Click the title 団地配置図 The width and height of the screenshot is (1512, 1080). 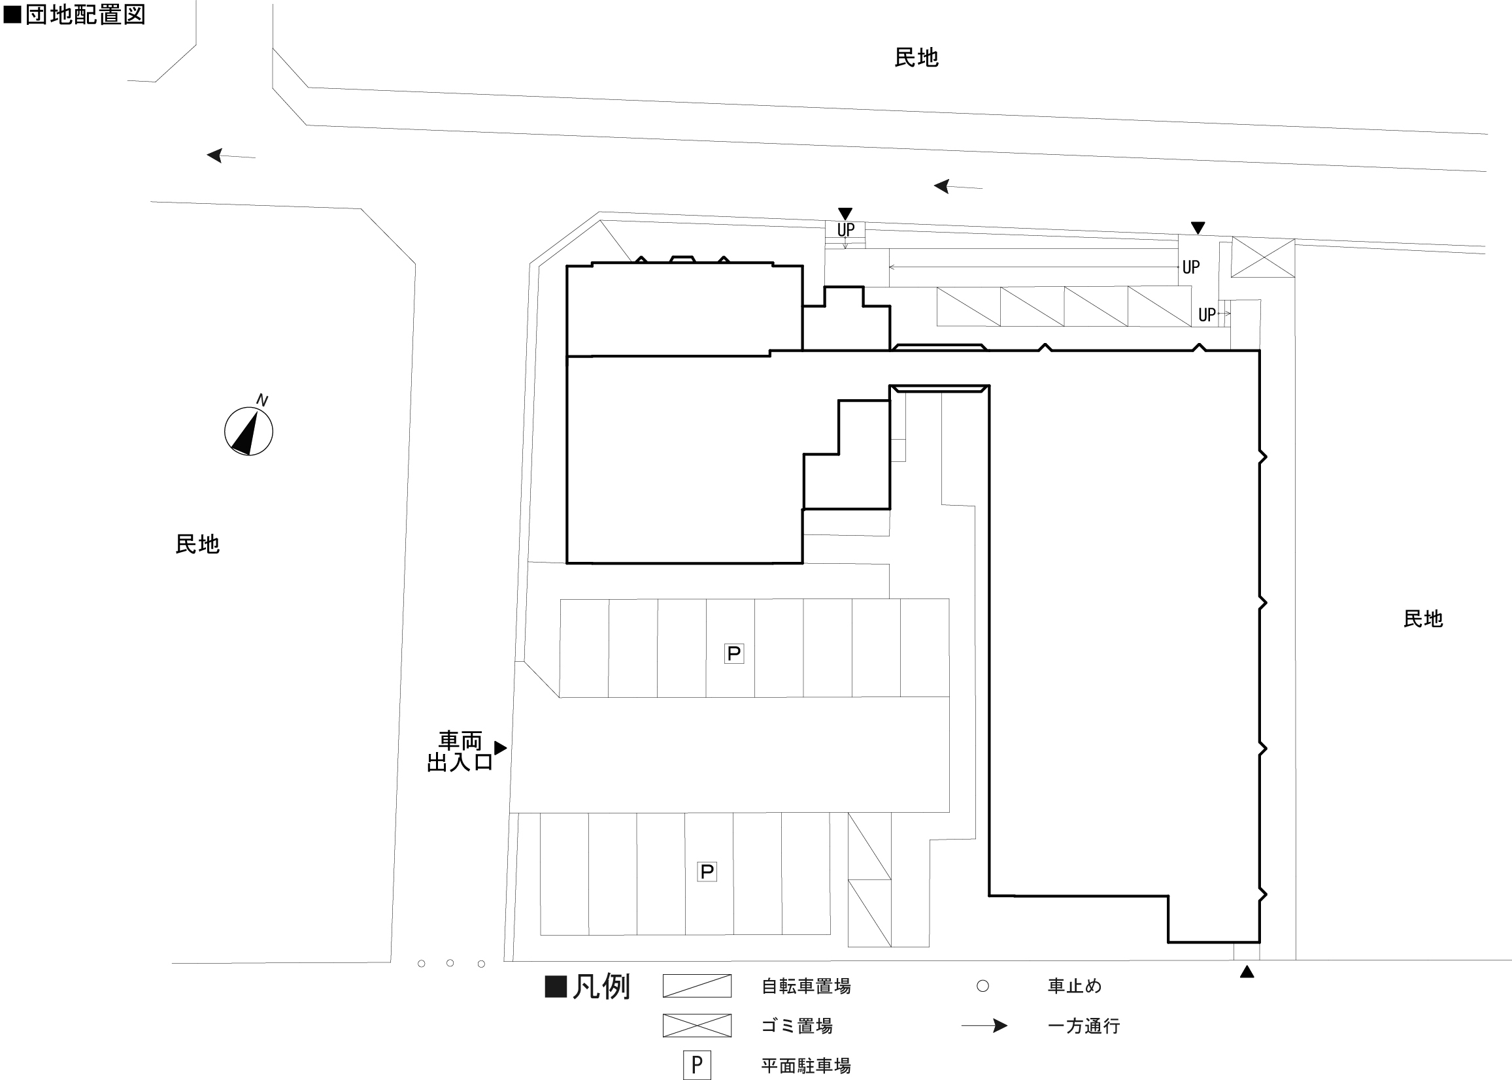[x=84, y=14]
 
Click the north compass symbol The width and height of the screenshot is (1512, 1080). [x=249, y=431]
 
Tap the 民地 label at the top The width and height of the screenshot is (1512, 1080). [x=916, y=58]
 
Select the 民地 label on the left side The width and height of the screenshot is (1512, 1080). [x=197, y=544]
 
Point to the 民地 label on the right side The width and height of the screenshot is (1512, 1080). [x=1423, y=619]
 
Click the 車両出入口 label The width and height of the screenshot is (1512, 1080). [x=460, y=751]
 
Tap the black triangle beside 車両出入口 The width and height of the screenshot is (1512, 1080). [x=501, y=748]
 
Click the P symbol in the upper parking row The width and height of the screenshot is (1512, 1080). [x=733, y=654]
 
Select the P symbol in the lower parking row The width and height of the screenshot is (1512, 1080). [x=707, y=871]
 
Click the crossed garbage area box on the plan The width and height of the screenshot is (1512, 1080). [x=1262, y=257]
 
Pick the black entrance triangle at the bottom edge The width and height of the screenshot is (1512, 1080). [x=1247, y=972]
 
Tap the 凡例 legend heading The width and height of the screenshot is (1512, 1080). [x=601, y=986]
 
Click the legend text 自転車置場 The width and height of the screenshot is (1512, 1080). [x=806, y=986]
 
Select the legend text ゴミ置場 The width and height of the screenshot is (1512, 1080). [x=797, y=1026]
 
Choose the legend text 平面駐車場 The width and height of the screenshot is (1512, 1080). [x=806, y=1066]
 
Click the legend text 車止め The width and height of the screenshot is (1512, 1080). [x=1074, y=986]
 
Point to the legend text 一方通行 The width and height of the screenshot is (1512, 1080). [x=1084, y=1026]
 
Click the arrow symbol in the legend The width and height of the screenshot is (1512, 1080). [x=984, y=1026]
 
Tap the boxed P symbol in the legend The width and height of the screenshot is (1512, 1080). [x=696, y=1066]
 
